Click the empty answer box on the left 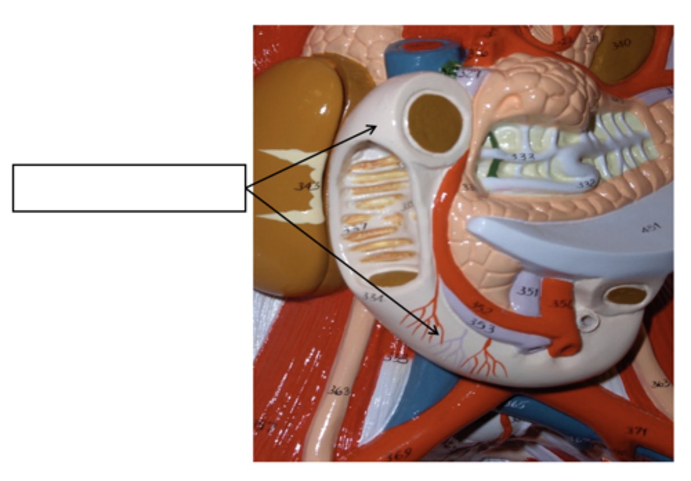click(129, 188)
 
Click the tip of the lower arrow click(438, 334)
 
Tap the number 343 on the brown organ click(307, 186)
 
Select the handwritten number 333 click(522, 156)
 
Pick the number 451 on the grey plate click(651, 228)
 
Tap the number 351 click(528, 291)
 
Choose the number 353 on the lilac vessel click(481, 326)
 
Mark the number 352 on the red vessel click(480, 307)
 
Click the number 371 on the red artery click(636, 431)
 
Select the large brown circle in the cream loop click(435, 123)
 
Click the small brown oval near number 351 click(626, 295)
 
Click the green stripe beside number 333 click(491, 156)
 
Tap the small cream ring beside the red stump click(586, 320)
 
